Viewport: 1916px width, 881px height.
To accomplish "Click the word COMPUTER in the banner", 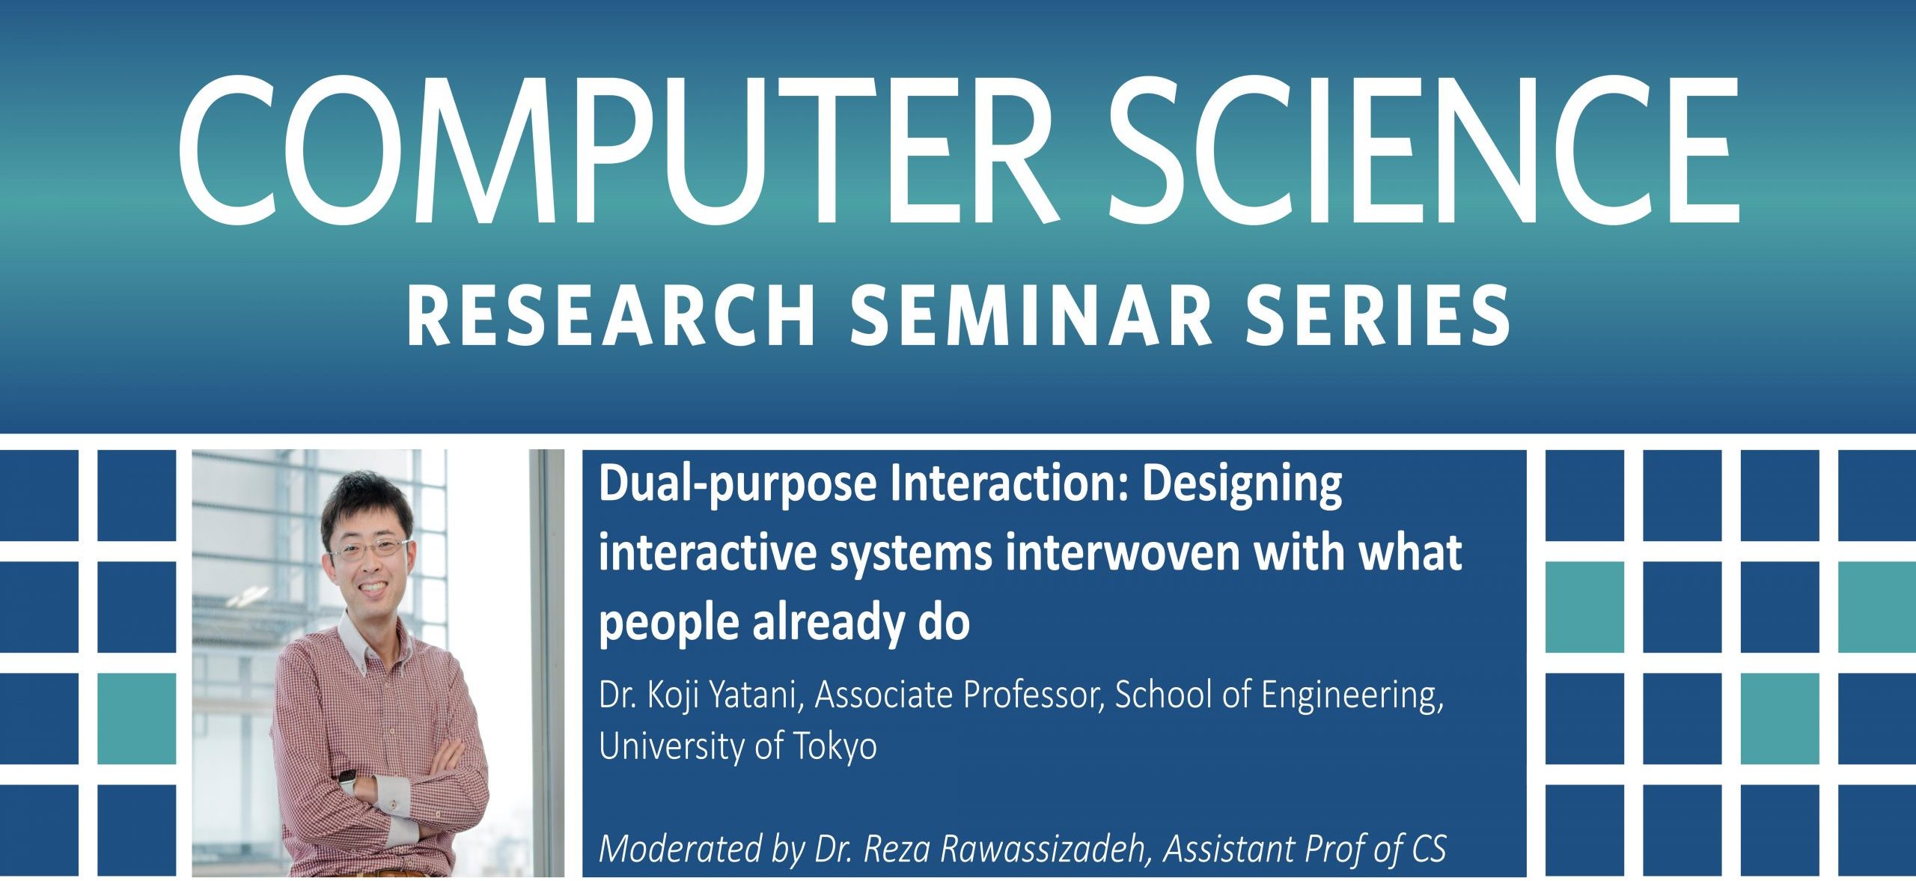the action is [x=614, y=150].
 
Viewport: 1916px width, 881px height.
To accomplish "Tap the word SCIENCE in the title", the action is [x=1422, y=150].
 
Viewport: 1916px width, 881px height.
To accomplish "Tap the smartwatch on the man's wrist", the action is [x=349, y=783].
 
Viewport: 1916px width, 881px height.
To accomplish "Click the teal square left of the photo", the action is [x=137, y=719].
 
